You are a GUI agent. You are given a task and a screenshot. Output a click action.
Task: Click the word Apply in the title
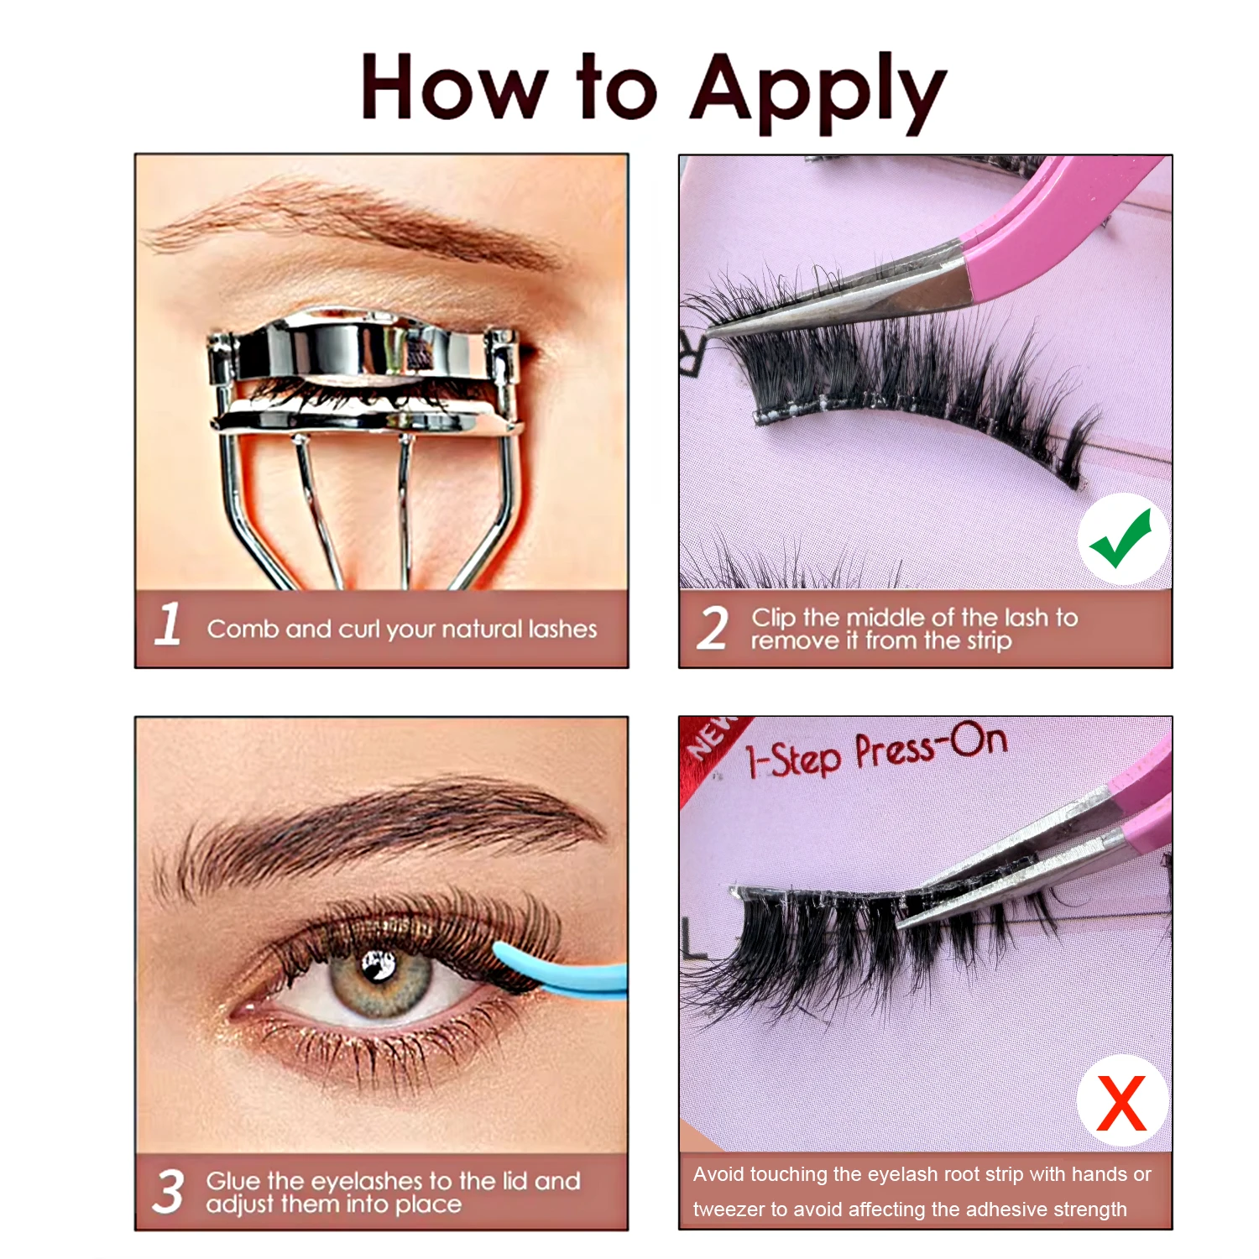point(818,91)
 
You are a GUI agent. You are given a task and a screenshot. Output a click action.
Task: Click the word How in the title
point(454,88)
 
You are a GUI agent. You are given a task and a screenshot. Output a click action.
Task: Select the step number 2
point(713,629)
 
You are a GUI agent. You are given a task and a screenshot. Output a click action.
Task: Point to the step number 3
point(168,1191)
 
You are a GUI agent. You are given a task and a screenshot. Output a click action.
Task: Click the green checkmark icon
point(1122,539)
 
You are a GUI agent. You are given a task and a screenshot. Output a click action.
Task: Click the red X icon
point(1121,1102)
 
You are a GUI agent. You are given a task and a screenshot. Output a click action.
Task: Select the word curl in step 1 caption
point(359,629)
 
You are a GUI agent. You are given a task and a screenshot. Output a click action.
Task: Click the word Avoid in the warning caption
point(718,1174)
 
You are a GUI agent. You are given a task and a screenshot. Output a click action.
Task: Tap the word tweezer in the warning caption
point(729,1209)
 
